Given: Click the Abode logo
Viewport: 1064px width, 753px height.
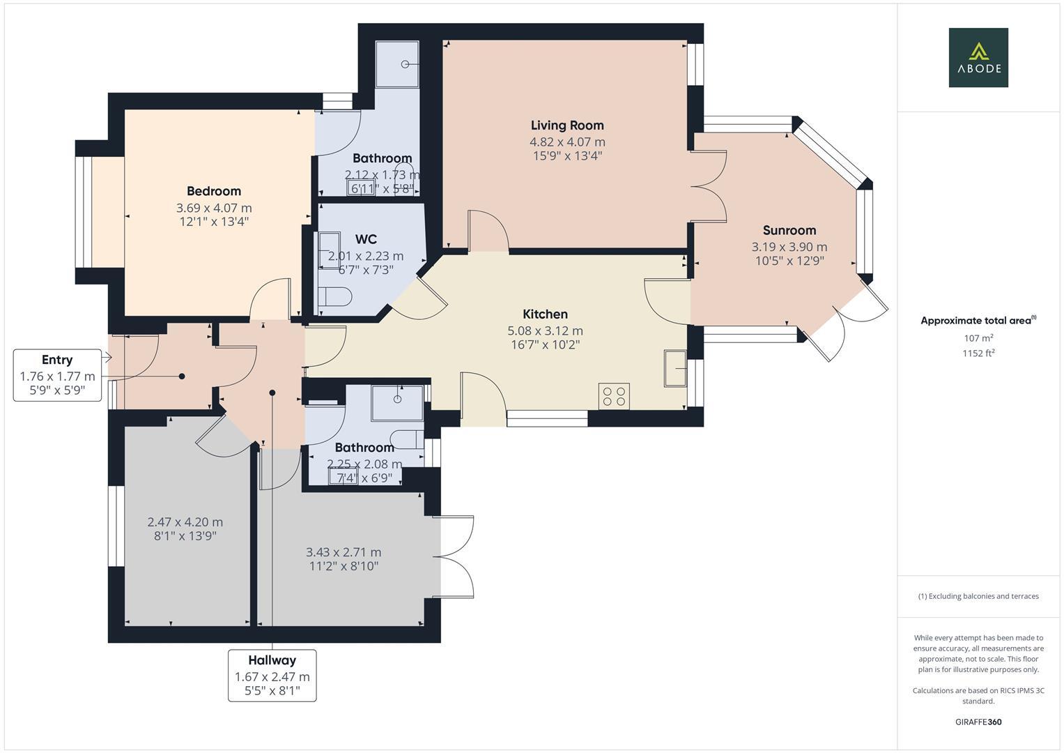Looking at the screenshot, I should click(978, 57).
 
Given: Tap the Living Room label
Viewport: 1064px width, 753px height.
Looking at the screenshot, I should click(567, 125).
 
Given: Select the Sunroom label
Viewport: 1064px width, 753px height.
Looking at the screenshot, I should click(789, 230).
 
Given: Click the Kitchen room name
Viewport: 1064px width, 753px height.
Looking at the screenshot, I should click(545, 314).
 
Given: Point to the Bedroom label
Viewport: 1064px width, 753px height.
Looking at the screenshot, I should click(214, 191).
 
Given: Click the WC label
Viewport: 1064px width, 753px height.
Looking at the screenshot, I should click(365, 239).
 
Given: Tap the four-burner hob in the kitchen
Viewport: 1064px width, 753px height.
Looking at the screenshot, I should click(614, 396).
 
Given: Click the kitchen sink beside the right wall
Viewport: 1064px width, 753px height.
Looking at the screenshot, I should click(675, 367).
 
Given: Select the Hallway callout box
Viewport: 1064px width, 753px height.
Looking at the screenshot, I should click(272, 675).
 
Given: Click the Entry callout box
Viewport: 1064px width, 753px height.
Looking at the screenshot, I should click(57, 374).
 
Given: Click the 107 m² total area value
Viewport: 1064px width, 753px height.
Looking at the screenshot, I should click(978, 338).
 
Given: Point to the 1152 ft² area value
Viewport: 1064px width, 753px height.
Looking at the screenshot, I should click(978, 353).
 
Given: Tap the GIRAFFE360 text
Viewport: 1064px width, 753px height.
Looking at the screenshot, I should click(978, 722).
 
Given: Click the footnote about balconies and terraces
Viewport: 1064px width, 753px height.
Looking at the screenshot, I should click(978, 596).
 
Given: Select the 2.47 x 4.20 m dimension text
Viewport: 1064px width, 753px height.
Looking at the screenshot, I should click(185, 522).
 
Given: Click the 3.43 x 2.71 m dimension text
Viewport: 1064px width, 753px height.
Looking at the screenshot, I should click(344, 552).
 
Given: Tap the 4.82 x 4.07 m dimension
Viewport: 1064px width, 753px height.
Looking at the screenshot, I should click(567, 142).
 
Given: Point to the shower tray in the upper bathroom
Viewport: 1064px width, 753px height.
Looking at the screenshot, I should click(397, 64).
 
